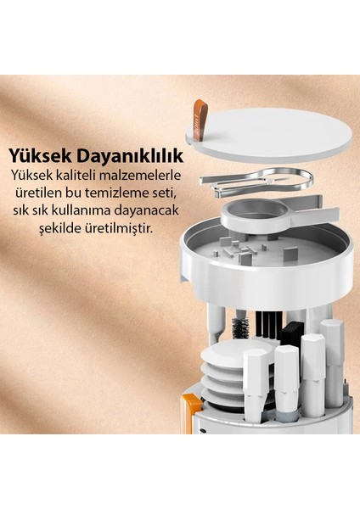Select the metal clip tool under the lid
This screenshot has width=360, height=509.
(255, 179)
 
